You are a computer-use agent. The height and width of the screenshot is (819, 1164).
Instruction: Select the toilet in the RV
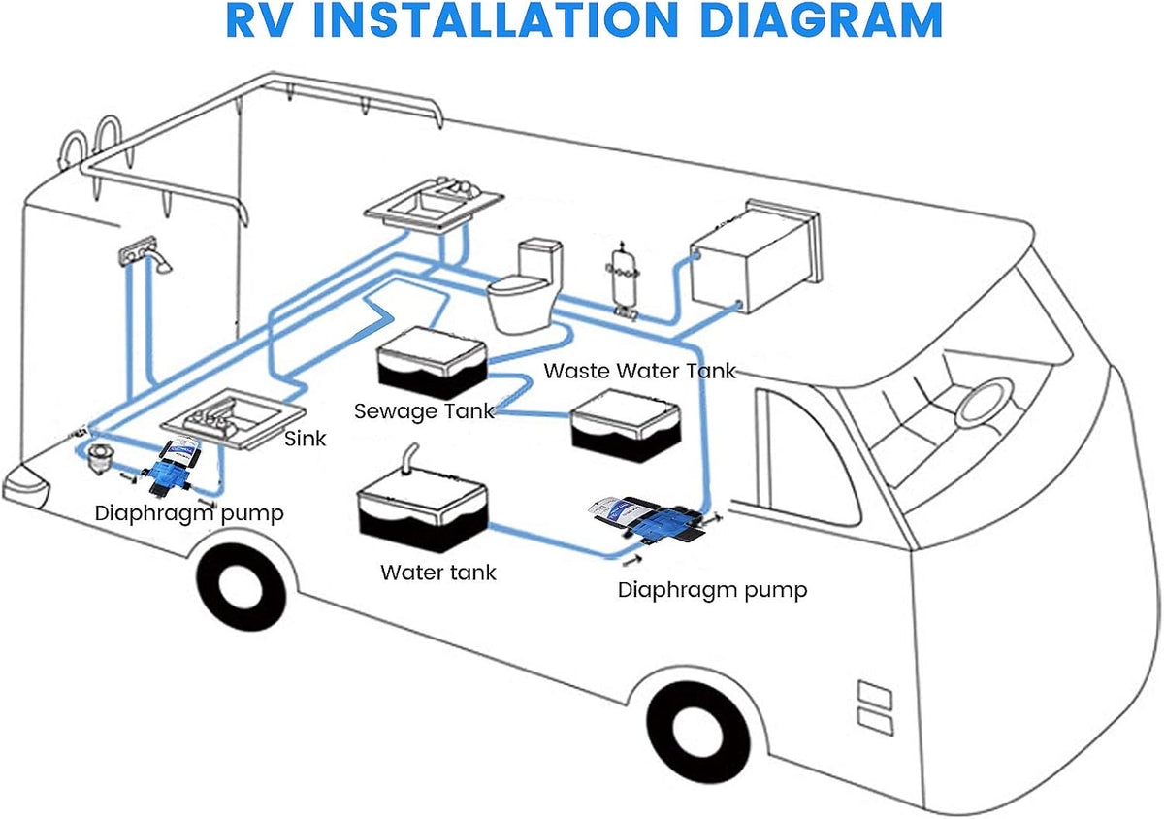pos(526,285)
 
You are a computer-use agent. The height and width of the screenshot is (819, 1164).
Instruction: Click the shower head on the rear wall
pos(163,263)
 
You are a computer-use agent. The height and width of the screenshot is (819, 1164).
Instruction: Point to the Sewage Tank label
pos(424,411)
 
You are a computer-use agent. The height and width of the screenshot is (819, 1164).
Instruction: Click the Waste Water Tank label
pos(639,371)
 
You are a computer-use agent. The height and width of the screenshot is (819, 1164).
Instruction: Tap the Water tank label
pos(438,573)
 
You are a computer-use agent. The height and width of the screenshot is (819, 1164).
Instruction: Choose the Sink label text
pos(305,439)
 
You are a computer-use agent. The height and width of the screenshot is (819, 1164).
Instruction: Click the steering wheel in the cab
pos(985,403)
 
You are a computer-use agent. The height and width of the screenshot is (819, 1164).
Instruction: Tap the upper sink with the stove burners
pos(434,206)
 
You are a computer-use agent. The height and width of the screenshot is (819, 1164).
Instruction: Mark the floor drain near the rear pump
pos(97,458)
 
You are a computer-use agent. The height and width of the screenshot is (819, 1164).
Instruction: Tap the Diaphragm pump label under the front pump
pos(712,590)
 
